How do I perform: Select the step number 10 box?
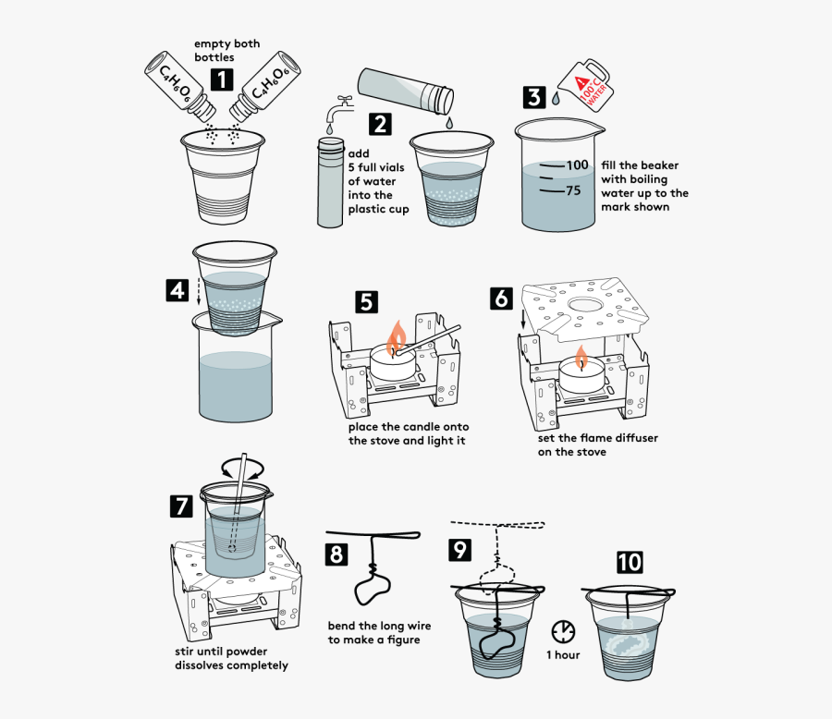[629, 562]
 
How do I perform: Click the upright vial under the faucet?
[330, 182]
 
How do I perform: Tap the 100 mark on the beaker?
[577, 165]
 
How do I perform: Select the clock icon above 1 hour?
[562, 631]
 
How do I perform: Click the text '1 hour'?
[562, 655]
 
